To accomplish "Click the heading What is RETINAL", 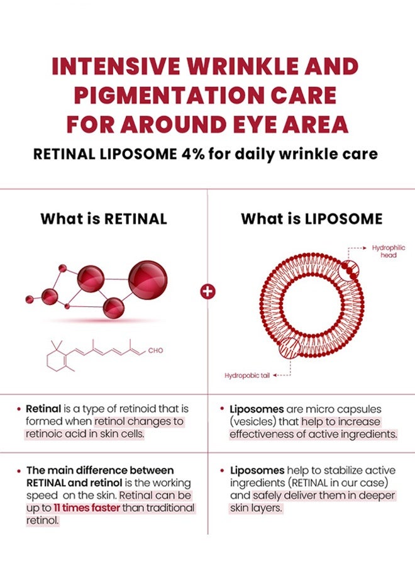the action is (x=104, y=219).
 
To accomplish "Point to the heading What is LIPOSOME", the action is (x=311, y=219).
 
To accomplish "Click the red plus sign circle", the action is (x=208, y=291).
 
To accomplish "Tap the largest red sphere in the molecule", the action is (x=148, y=280).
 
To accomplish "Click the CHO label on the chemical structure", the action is (x=155, y=350).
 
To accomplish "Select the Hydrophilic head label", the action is (x=389, y=251).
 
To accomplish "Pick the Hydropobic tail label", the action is (x=247, y=375).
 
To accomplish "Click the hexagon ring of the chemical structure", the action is (x=57, y=360).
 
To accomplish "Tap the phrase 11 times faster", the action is (x=87, y=508).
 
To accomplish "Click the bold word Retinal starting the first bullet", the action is (x=43, y=409).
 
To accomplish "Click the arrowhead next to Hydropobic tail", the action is (x=275, y=375).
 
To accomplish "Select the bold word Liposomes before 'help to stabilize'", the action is (x=257, y=470).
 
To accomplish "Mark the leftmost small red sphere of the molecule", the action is (x=29, y=299).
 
